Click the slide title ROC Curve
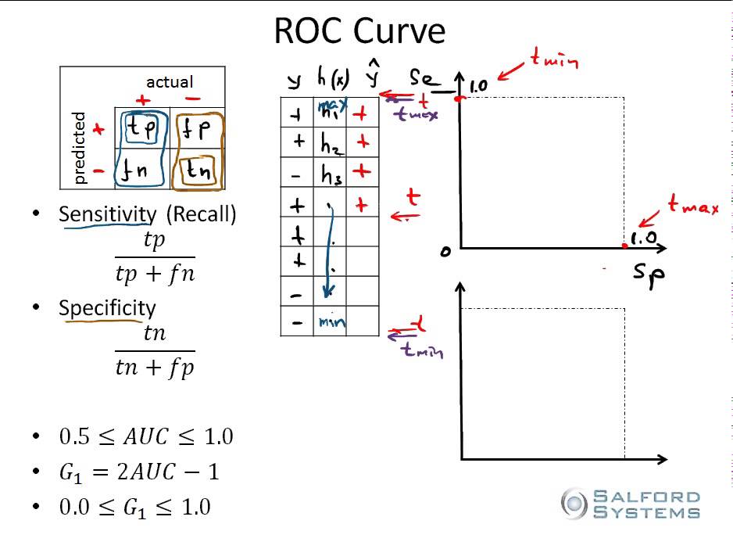click(x=359, y=31)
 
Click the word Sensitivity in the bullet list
click(x=108, y=213)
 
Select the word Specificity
click(x=107, y=307)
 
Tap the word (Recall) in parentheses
click(x=201, y=213)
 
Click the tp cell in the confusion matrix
click(x=141, y=127)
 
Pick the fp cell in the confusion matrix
click(x=197, y=128)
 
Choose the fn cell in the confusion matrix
click(x=141, y=169)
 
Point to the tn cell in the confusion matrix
click(x=197, y=170)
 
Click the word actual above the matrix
click(x=170, y=81)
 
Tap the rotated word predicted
click(x=78, y=148)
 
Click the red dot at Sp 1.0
click(x=624, y=247)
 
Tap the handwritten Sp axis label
click(x=649, y=274)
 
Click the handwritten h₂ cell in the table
click(x=329, y=143)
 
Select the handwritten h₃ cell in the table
click(x=330, y=174)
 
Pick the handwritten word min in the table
click(x=331, y=321)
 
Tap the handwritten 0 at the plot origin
click(x=445, y=252)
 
